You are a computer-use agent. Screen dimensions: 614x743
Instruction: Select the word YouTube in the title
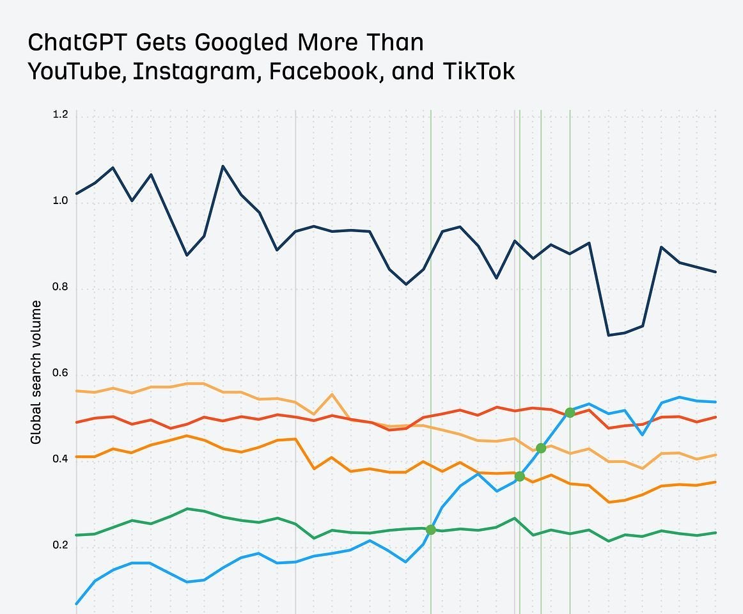coord(77,71)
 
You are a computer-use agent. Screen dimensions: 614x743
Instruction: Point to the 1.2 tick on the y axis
coord(60,115)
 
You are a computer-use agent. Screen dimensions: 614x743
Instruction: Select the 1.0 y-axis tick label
coord(60,201)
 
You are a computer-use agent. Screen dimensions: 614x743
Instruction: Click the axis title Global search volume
coord(36,372)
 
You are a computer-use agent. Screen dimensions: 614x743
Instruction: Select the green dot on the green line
coord(431,530)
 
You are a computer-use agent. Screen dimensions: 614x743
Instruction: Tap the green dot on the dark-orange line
coord(520,476)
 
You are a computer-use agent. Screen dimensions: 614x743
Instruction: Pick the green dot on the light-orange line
coord(541,448)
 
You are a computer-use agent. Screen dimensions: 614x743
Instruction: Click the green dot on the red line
coord(570,413)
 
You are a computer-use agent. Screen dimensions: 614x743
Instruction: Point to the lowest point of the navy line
coord(607,335)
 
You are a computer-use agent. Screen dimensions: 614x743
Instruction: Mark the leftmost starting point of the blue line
coord(77,603)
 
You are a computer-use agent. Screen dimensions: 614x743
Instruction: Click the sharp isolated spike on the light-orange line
coord(331,395)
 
